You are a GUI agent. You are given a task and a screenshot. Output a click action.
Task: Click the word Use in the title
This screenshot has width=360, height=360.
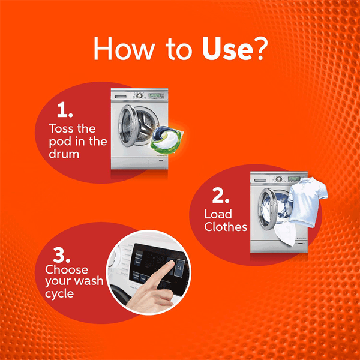227,48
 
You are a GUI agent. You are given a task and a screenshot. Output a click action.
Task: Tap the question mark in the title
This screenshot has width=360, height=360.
262,48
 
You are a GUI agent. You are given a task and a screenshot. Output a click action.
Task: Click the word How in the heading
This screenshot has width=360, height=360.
124,49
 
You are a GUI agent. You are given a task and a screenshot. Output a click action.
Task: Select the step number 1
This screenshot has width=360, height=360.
65,110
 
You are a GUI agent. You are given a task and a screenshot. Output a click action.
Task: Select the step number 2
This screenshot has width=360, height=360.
221,196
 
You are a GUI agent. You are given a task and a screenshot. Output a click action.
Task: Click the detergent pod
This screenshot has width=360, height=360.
167,140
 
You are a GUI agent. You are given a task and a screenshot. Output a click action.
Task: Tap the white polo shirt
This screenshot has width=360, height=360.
307,202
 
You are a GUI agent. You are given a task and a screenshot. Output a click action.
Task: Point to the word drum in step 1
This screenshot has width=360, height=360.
64,154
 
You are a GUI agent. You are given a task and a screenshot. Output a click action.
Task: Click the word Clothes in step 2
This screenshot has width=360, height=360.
226,227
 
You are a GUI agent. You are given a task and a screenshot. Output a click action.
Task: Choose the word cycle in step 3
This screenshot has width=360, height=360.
59,294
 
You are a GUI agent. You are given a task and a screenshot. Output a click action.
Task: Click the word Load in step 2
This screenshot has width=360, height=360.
218,214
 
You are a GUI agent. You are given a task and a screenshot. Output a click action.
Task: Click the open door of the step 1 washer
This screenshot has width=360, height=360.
128,126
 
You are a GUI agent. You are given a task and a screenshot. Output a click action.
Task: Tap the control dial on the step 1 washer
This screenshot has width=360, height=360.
139,95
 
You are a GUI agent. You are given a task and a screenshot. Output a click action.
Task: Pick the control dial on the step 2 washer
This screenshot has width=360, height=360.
279,179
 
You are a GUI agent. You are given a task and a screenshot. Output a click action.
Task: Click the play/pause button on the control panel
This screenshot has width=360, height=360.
179,268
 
